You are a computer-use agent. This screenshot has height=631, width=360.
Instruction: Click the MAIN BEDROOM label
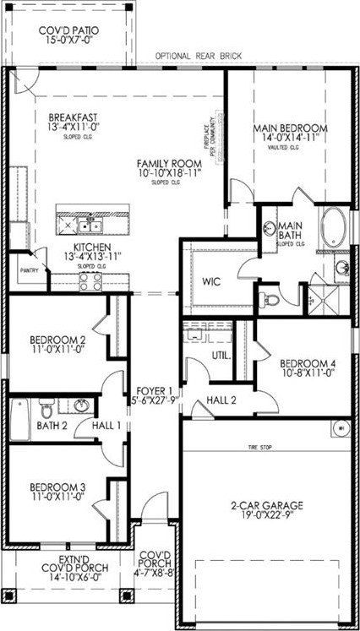[x=290, y=129]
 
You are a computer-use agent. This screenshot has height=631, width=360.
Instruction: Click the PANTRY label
[x=30, y=271]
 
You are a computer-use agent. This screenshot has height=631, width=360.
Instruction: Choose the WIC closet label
[x=210, y=280]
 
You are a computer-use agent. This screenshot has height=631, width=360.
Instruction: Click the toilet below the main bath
[x=268, y=299]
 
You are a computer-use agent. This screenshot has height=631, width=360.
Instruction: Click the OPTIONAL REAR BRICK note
[x=199, y=57]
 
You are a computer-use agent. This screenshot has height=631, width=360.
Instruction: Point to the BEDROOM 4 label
[x=308, y=364]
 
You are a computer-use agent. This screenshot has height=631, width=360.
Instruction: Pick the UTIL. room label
[x=222, y=356]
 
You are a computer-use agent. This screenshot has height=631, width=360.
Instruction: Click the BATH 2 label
[x=52, y=425]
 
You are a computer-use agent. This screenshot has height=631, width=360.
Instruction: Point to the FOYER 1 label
[x=155, y=390]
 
